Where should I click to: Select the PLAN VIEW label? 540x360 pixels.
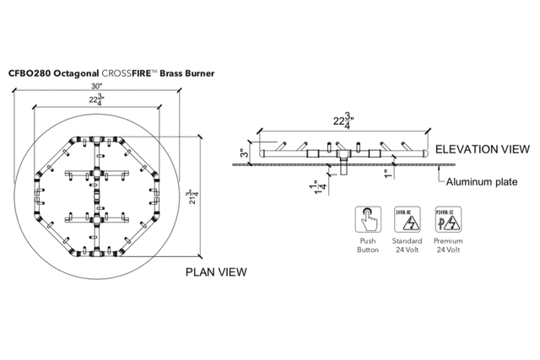click(216, 271)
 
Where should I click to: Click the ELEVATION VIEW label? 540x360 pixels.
click(478, 149)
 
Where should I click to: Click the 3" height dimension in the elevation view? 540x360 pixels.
click(242, 153)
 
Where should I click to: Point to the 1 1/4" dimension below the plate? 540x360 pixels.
click(321, 187)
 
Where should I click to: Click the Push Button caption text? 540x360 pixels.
click(367, 244)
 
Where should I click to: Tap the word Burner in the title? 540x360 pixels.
click(198, 73)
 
